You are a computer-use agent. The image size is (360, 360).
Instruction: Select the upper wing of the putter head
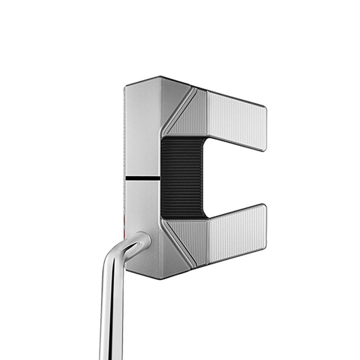234,118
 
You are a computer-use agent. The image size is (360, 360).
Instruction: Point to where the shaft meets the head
141,239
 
